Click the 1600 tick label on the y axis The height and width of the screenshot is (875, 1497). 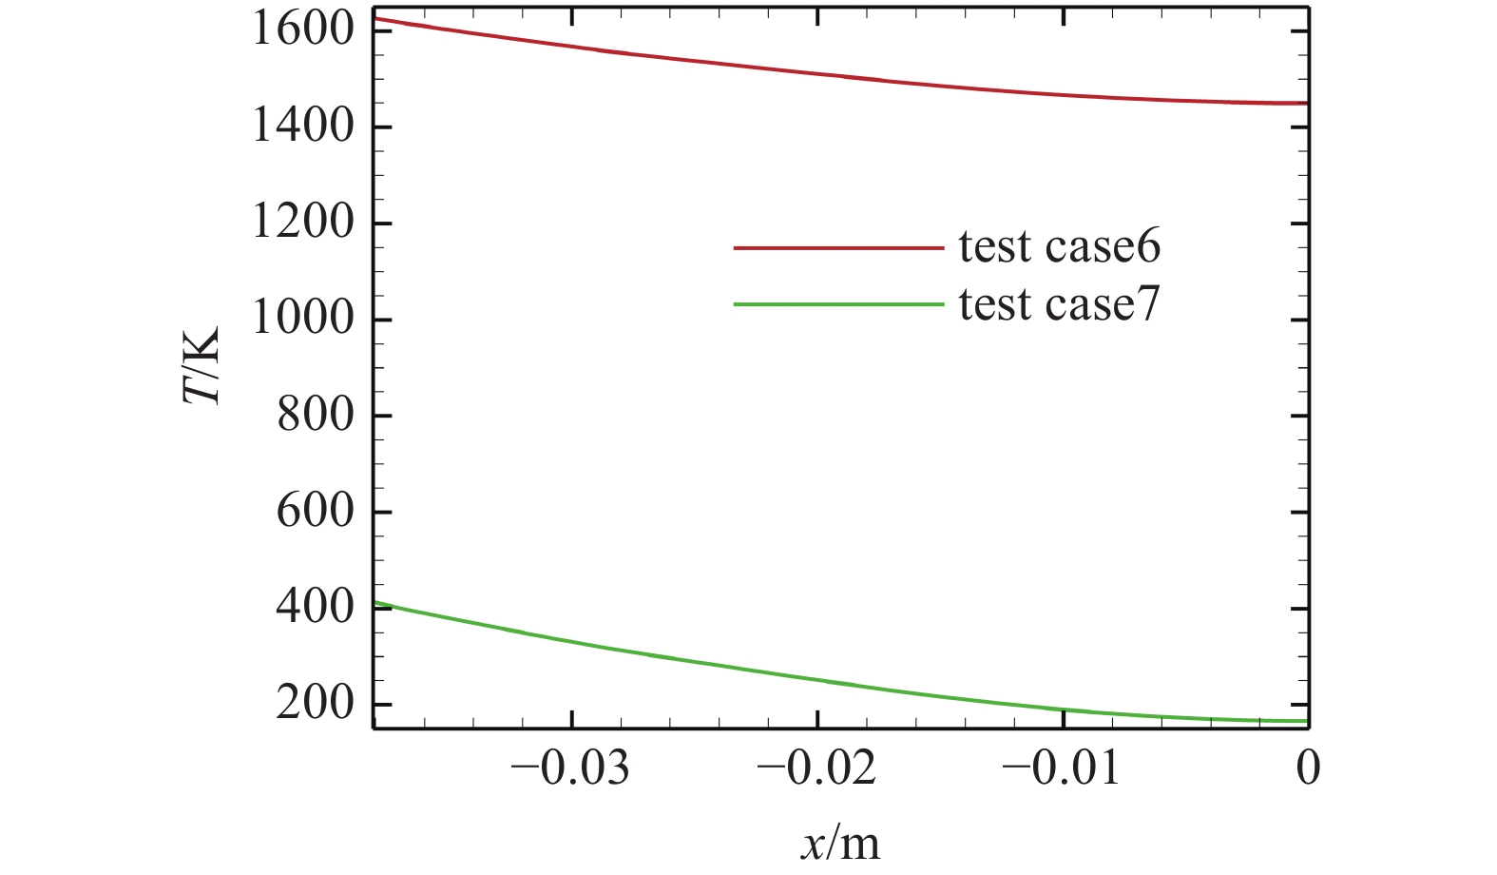[302, 29]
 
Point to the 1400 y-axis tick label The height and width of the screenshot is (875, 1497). [302, 126]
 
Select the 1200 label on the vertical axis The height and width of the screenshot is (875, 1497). [302, 223]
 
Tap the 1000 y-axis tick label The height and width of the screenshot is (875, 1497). [302, 319]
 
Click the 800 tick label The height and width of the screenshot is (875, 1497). [315, 415]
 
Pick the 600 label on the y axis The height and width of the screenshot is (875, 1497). [315, 511]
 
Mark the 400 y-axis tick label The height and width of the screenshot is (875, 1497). [315, 607]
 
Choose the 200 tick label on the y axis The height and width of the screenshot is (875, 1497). [315, 704]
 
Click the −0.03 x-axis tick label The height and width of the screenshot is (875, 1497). [570, 768]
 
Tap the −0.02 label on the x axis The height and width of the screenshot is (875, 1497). [816, 768]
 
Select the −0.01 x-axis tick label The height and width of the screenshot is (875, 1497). [1062, 768]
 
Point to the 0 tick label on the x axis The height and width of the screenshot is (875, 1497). [1309, 768]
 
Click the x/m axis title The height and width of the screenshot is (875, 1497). [840, 843]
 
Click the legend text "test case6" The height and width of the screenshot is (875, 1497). [1059, 247]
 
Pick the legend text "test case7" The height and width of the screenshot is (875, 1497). [1059, 305]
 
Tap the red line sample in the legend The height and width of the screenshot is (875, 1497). [838, 248]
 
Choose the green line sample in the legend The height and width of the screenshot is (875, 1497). [838, 304]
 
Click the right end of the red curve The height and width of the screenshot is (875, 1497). [1308, 103]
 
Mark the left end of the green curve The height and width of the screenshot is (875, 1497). [375, 603]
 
